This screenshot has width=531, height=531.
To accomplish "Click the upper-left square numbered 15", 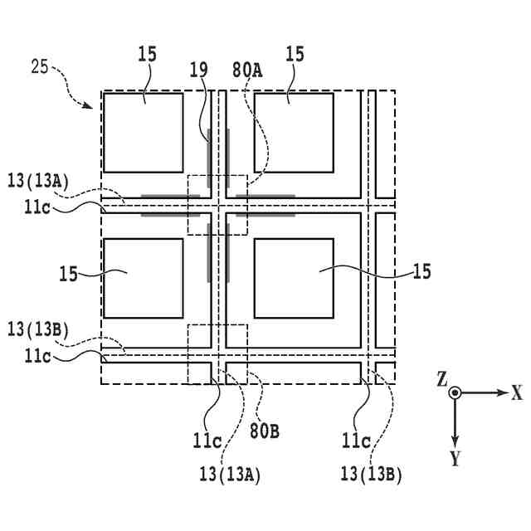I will click(x=142, y=132).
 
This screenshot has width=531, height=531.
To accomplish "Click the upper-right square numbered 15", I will click(x=294, y=132).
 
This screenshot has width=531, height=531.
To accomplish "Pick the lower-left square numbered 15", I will click(x=142, y=278).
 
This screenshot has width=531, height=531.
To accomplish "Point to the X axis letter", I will click(x=516, y=393).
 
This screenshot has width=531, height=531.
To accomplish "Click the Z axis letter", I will click(x=442, y=379).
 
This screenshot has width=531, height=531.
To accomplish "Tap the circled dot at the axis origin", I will click(x=455, y=393).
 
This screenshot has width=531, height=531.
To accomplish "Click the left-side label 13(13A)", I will click(x=37, y=181).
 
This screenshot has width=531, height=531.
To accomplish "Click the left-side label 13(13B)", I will click(x=37, y=329).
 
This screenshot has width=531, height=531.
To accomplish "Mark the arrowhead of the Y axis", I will click(x=455, y=439).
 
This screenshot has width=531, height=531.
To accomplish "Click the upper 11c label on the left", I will click(x=37, y=207).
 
